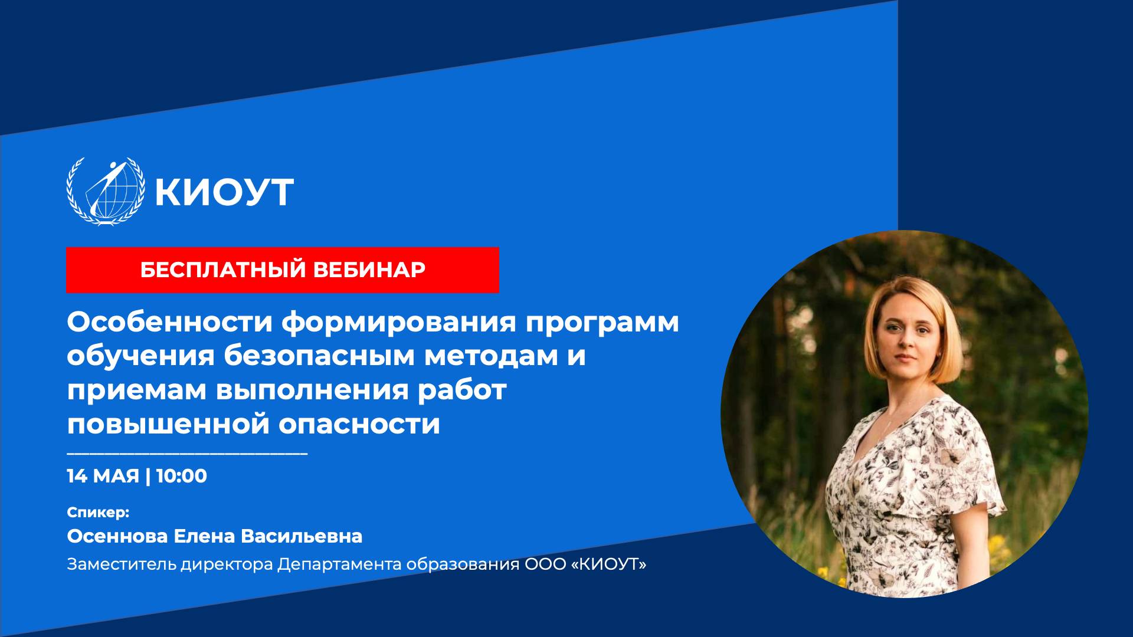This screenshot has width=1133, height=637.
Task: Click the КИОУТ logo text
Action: point(224,192)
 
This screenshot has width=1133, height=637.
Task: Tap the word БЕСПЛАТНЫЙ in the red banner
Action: point(223,270)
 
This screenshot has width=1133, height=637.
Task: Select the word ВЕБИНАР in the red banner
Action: point(369,270)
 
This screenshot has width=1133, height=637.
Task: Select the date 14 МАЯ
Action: point(103,476)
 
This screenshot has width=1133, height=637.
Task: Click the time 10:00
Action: point(182,476)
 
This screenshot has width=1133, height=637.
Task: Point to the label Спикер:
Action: point(98,512)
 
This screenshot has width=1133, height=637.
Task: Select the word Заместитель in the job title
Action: point(122,564)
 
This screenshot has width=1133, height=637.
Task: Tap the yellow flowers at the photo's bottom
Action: point(826,571)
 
